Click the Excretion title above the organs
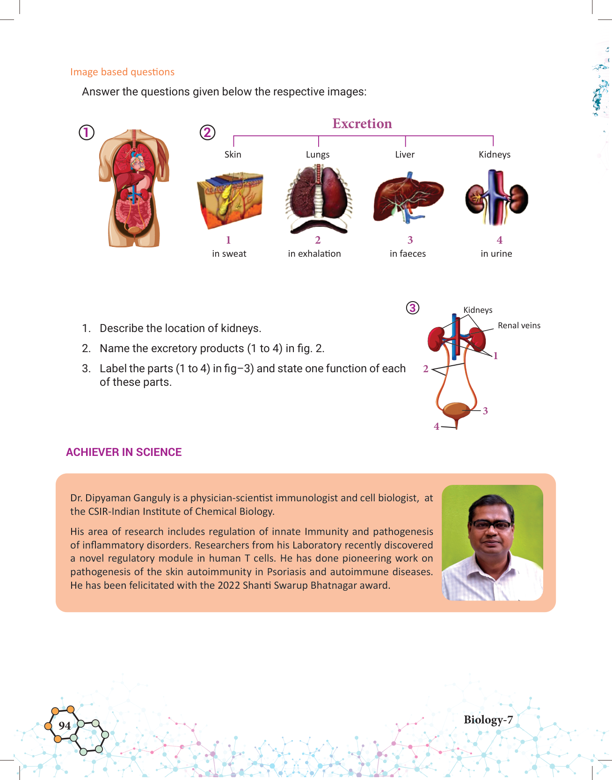pyautogui.click(x=362, y=123)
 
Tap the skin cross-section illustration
pyautogui.click(x=230, y=200)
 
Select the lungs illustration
pyautogui.click(x=319, y=199)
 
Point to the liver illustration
pyautogui.click(x=408, y=196)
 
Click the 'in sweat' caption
pyautogui.click(x=229, y=254)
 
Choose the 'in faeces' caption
pyautogui.click(x=408, y=254)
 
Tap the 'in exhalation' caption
pyautogui.click(x=314, y=254)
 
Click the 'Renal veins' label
pyautogui.click(x=519, y=325)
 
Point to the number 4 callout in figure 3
pyautogui.click(x=437, y=426)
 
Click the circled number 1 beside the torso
pyautogui.click(x=87, y=133)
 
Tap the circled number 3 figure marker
pyautogui.click(x=412, y=308)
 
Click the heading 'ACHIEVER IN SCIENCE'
pyautogui.click(x=124, y=452)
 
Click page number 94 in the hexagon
pyautogui.click(x=65, y=726)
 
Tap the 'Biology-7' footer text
pyautogui.click(x=488, y=720)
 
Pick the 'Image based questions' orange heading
pyautogui.click(x=122, y=72)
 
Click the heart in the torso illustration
pyautogui.click(x=138, y=162)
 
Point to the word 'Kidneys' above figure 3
pyautogui.click(x=478, y=310)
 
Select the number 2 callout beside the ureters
pyautogui.click(x=426, y=369)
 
